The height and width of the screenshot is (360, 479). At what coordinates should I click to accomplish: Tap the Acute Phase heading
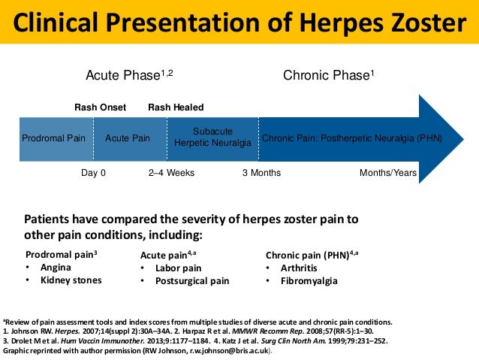tap(132, 76)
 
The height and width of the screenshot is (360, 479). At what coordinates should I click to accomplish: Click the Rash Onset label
tap(100, 107)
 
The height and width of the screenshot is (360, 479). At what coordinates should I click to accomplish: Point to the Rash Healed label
tap(176, 107)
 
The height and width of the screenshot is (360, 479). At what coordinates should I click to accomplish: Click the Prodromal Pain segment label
tap(53, 138)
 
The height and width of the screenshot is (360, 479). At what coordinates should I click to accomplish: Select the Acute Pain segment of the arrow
tap(128, 138)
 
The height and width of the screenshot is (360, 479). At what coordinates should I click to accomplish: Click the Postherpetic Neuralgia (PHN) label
tap(351, 138)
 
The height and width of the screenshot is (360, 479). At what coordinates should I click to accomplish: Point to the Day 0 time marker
tap(93, 173)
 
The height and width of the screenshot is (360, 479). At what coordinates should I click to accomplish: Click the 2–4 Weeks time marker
tap(171, 173)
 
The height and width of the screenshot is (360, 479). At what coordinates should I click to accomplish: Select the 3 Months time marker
tap(261, 173)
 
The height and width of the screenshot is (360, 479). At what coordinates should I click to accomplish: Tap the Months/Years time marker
tap(388, 173)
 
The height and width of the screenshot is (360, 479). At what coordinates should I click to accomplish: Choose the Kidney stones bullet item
tap(69, 281)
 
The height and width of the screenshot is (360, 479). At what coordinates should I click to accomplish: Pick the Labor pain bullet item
tap(178, 268)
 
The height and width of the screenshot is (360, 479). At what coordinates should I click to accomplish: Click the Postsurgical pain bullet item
tap(191, 282)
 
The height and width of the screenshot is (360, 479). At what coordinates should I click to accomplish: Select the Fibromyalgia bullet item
tap(309, 282)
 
